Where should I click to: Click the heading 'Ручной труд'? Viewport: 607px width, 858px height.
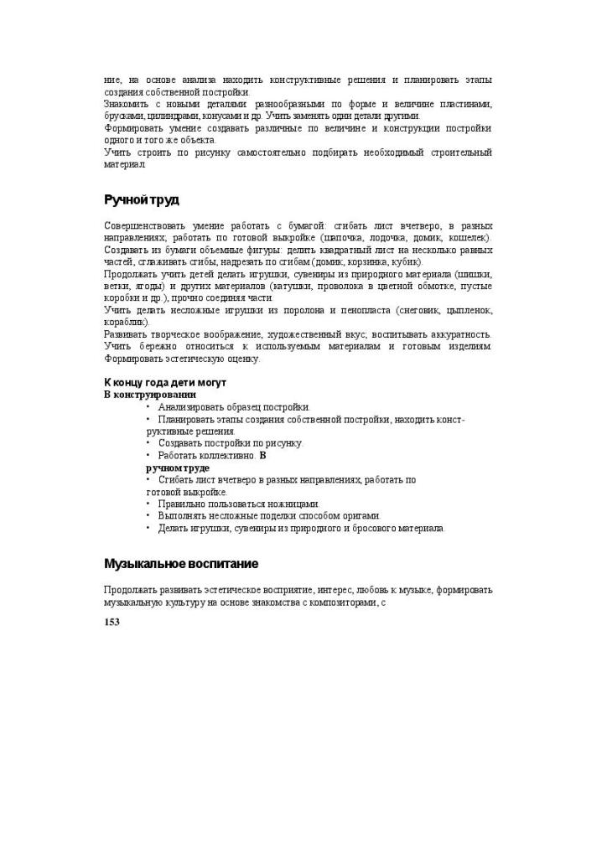[x=142, y=199]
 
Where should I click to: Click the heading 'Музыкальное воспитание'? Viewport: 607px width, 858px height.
[x=180, y=563]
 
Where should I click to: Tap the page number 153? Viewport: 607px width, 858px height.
[x=112, y=622]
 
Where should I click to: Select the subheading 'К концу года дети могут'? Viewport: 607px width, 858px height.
[x=164, y=382]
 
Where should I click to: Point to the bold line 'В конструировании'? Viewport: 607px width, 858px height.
[x=150, y=394]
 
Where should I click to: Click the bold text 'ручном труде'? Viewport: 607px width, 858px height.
[x=178, y=468]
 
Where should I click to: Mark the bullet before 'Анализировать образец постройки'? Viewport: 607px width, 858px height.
[x=148, y=407]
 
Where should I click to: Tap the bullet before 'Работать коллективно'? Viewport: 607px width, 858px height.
[x=148, y=455]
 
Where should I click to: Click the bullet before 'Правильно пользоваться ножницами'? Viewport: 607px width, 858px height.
[x=148, y=504]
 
